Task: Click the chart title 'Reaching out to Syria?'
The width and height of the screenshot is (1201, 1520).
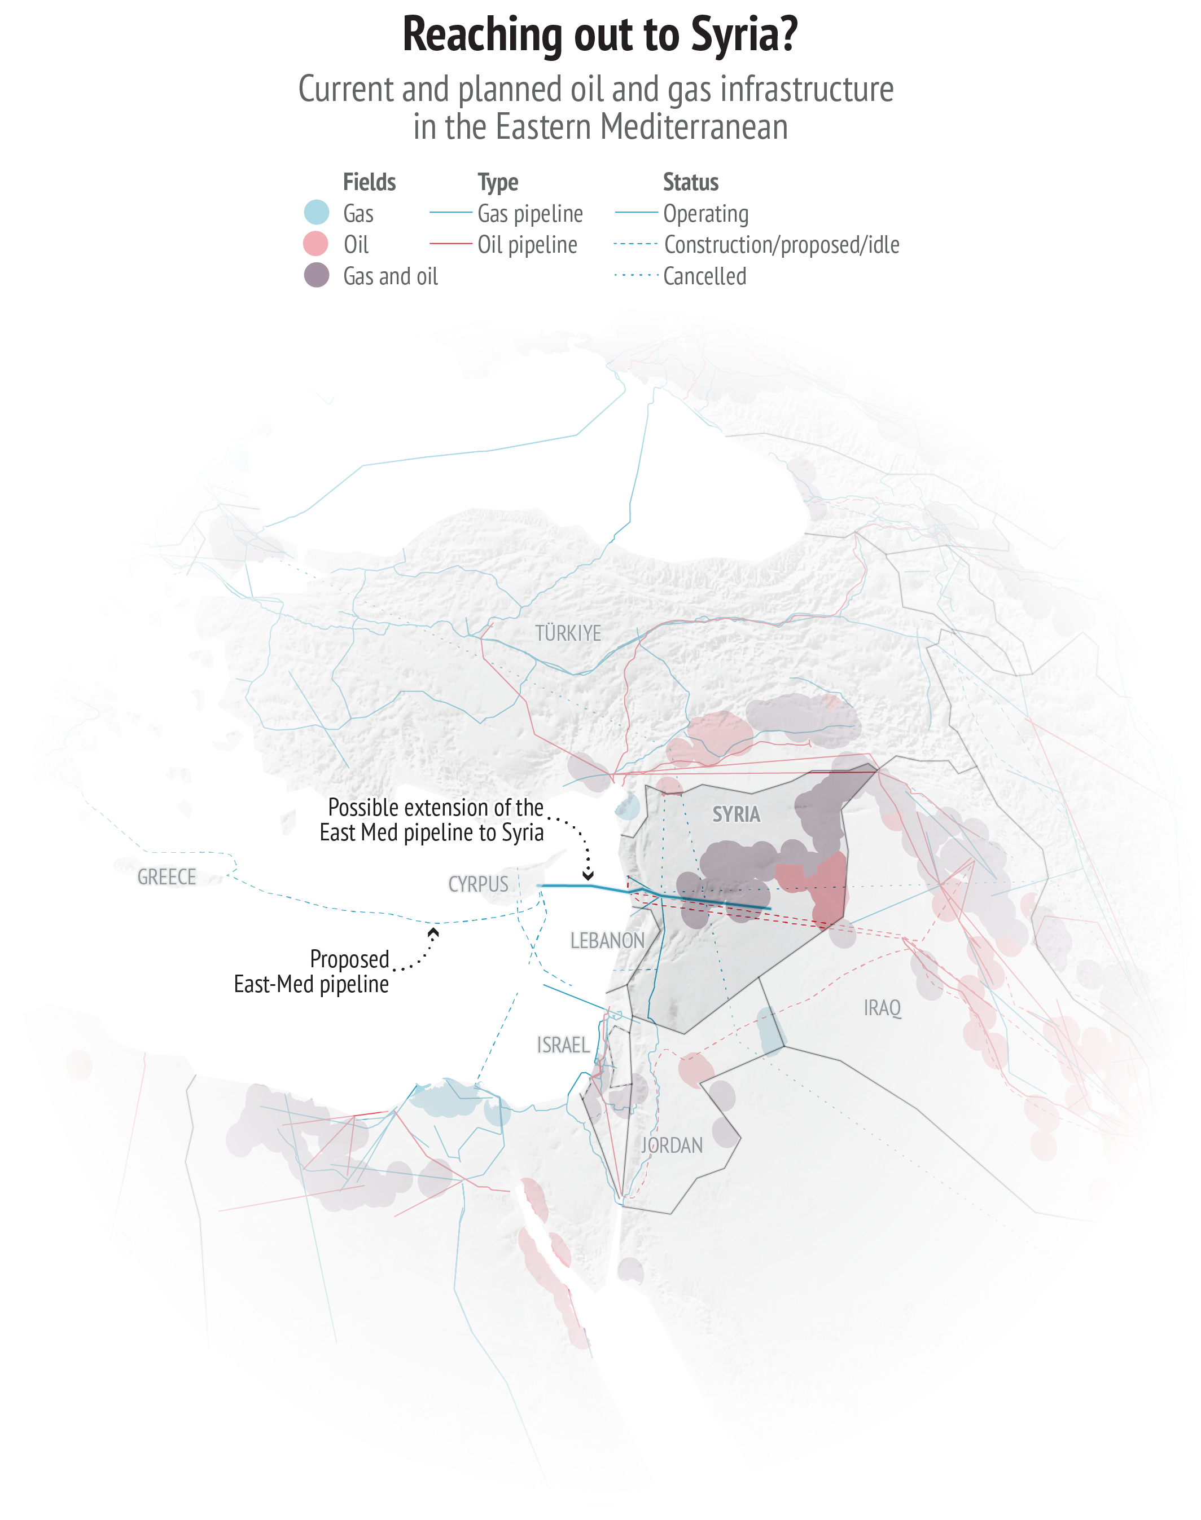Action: click(600, 35)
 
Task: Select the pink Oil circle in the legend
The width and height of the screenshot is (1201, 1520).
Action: click(315, 244)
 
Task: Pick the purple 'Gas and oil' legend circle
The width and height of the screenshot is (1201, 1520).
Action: click(317, 275)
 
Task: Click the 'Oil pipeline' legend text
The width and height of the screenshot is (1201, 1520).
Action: click(527, 245)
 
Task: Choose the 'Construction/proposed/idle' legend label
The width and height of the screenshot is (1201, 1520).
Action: click(781, 245)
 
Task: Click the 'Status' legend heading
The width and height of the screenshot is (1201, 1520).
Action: click(690, 182)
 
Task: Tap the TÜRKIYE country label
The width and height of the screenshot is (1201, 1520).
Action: click(568, 633)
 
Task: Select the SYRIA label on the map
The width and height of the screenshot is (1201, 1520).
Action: click(736, 814)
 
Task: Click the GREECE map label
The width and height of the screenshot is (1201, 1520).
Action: click(166, 877)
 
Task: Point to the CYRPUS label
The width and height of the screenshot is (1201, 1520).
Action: click(478, 884)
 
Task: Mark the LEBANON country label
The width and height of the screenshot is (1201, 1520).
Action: click(607, 940)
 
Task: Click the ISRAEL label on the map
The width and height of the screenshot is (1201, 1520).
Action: click(563, 1045)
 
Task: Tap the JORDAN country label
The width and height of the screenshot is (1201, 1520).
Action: click(672, 1146)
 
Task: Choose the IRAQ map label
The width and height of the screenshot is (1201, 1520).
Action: click(882, 1008)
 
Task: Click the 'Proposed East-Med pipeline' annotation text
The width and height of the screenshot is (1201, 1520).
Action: click(312, 972)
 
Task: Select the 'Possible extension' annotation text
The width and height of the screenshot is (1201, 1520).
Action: click(432, 820)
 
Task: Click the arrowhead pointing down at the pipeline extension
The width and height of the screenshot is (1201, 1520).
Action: click(588, 875)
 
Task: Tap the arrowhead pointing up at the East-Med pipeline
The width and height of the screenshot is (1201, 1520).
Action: click(434, 932)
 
